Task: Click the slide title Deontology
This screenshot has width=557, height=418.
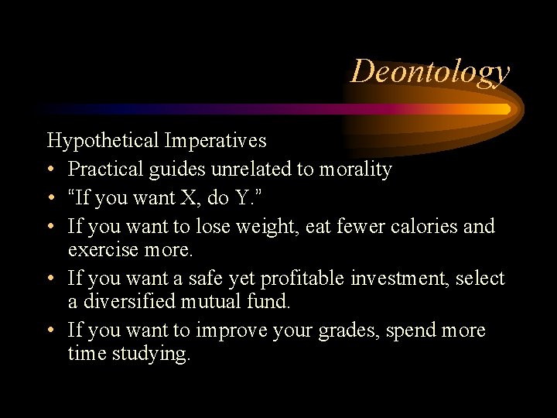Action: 430,71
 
